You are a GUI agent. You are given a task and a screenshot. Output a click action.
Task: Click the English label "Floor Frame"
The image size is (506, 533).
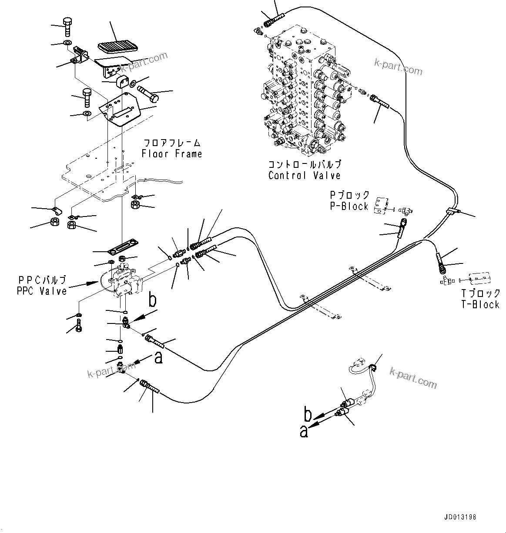171,154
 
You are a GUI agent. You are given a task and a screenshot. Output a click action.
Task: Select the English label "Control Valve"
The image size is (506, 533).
304,176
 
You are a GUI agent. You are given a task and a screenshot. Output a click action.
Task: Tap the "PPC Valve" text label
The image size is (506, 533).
42,291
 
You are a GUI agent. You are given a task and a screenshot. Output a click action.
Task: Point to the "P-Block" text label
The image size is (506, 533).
349,206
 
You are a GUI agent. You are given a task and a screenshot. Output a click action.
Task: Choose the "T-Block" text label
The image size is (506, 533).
480,305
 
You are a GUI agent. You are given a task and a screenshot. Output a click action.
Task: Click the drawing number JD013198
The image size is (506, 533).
460,517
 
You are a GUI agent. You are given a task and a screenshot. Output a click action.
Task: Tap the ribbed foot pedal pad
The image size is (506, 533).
115,46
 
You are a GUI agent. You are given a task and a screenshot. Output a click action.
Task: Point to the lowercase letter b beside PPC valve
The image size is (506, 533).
152,301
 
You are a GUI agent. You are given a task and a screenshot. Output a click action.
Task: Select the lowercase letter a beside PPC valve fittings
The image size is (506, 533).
159,358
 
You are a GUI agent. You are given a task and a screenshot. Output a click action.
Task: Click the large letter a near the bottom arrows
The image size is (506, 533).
304,432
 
